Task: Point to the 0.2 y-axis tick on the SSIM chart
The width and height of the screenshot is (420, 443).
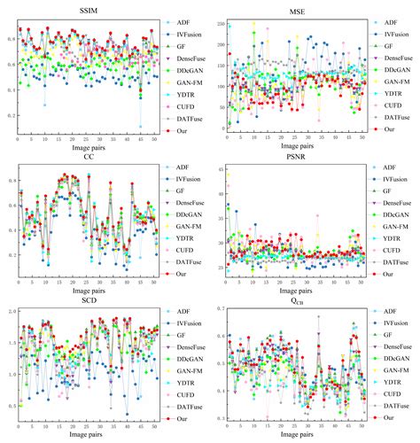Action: pyautogui.click(x=10, y=115)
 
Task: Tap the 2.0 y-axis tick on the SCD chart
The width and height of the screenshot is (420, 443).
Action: pyautogui.click(x=10, y=313)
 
